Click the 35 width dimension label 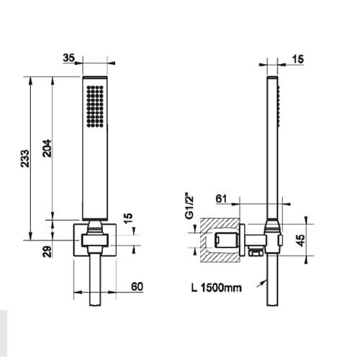(69, 58)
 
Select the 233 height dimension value (24, 158)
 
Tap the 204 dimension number (47, 148)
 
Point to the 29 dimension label (47, 251)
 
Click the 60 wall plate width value (137, 287)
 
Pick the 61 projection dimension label (221, 199)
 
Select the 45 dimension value (300, 240)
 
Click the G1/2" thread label (189, 207)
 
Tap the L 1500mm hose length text (217, 287)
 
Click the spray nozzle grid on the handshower (95, 106)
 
